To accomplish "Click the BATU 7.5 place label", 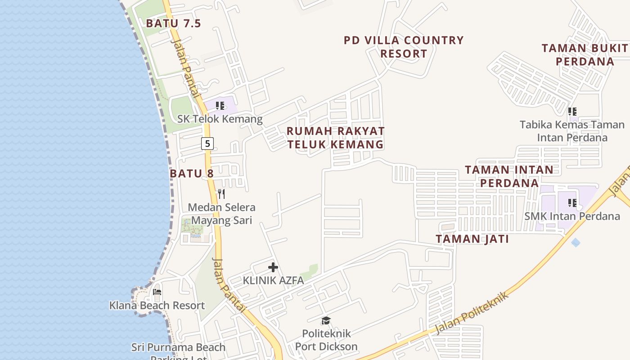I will [173, 23].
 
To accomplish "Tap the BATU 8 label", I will [192, 173].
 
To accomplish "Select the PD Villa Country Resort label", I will [404, 47].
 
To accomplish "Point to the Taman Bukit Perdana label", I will [585, 54].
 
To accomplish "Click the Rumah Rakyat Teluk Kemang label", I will [336, 138].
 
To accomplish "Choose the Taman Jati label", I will [472, 239].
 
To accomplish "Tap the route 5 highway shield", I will [207, 144].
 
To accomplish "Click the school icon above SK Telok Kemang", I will [220, 106].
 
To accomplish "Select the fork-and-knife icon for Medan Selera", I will [221, 194].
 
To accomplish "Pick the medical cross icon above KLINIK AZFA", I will [273, 267].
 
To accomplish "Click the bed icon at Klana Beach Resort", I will [157, 292].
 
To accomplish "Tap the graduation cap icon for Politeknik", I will [326, 320].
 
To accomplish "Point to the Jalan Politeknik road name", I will [472, 313].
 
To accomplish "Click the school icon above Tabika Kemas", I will [572, 111].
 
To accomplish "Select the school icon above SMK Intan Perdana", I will [572, 203].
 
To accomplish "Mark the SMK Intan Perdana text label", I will [572, 216].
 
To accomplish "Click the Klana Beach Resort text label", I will [157, 306].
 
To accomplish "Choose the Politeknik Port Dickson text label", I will [326, 340].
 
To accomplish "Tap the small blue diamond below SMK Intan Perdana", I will [576, 243].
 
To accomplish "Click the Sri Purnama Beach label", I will [179, 347].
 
